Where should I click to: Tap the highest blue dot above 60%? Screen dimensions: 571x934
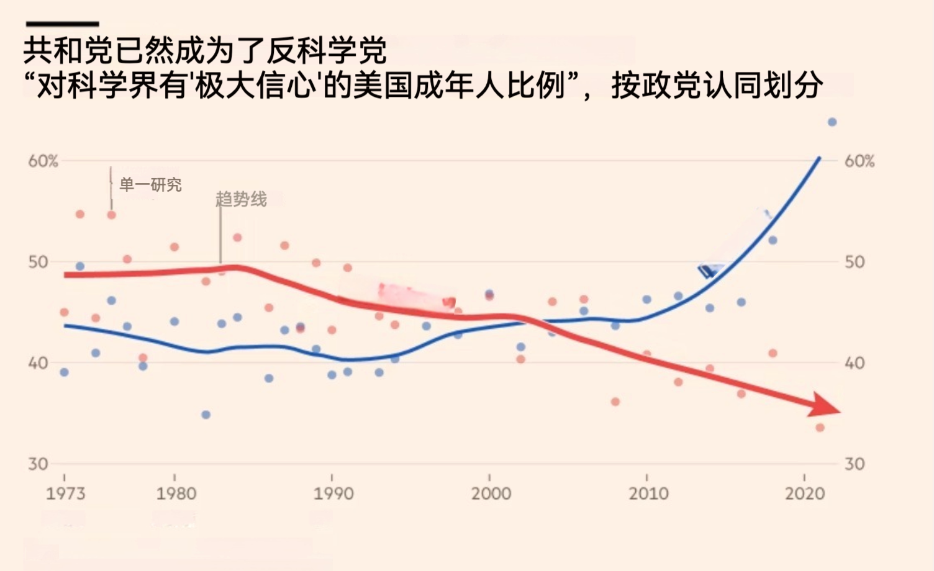coord(832,122)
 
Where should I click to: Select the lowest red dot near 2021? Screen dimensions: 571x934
coord(820,428)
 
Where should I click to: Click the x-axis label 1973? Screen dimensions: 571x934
coord(65,493)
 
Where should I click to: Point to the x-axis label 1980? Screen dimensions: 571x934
coord(176,493)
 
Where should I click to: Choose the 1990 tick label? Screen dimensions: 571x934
coord(333,493)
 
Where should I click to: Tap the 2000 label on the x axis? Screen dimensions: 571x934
coord(491,493)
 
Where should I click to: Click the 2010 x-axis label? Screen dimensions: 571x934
coord(648,493)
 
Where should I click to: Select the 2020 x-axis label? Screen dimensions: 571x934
coord(805,493)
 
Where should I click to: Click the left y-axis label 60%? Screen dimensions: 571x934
coord(43,161)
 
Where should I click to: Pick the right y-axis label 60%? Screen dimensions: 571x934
coord(859,161)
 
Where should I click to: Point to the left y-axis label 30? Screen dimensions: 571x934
coord(38,464)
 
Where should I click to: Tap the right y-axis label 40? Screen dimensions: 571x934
coord(855,363)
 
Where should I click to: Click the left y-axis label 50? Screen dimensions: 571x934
coord(38,262)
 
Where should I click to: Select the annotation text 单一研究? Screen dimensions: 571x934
coord(150,185)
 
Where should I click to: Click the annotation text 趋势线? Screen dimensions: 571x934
coord(241,199)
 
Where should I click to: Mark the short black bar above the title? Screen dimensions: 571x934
coord(62,24)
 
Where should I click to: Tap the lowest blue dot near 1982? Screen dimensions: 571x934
coord(206,415)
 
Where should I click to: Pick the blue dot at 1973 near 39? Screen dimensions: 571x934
coord(64,372)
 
